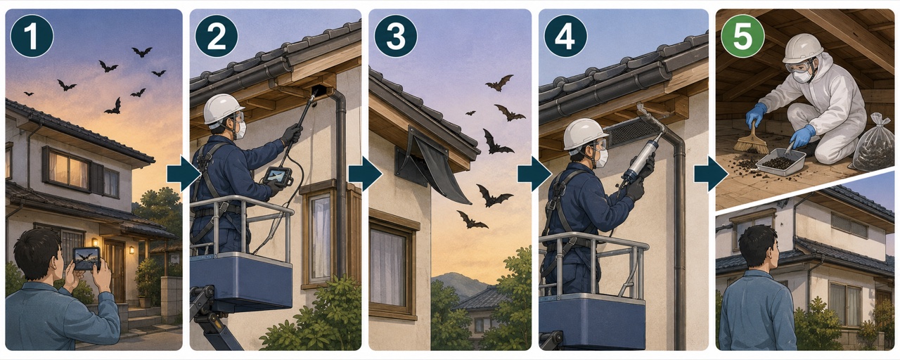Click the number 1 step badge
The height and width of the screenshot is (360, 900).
click(32, 36)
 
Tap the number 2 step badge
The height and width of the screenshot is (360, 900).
click(217, 36)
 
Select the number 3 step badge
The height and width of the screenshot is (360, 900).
click(396, 36)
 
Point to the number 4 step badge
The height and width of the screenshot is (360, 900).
click(566, 36)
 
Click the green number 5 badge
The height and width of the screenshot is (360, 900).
click(742, 36)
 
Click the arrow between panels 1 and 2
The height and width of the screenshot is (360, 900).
click(184, 174)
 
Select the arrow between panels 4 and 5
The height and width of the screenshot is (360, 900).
click(711, 174)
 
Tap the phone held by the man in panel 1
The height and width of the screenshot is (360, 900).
click(86, 258)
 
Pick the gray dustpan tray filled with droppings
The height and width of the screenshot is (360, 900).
click(780, 161)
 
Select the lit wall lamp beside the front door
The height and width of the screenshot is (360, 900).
click(131, 250)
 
